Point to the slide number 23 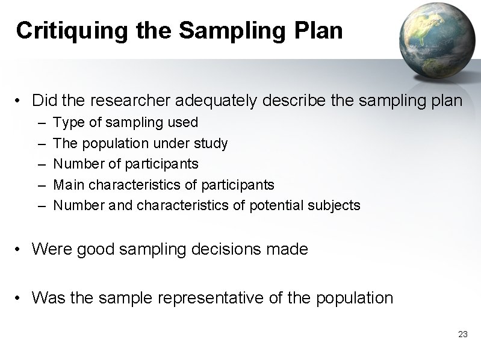point(462,334)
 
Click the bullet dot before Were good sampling point(20,249)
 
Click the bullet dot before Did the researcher point(20,101)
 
